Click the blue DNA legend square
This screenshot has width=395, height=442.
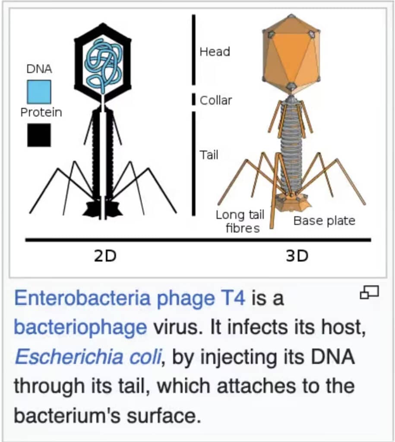pyautogui.click(x=39, y=92)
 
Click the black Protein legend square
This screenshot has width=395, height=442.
pyautogui.click(x=39, y=135)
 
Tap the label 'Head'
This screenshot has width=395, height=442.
pyautogui.click(x=215, y=52)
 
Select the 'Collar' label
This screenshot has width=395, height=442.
pyautogui.click(x=216, y=101)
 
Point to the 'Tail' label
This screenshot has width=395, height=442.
pyautogui.click(x=209, y=155)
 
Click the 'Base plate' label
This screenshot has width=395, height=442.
pyautogui.click(x=324, y=221)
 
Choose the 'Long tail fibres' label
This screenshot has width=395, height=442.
pyautogui.click(x=240, y=221)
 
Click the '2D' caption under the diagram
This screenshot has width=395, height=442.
pyautogui.click(x=105, y=256)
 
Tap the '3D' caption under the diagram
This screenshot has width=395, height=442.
pyautogui.click(x=297, y=256)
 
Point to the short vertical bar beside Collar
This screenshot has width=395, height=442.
pyautogui.click(x=194, y=99)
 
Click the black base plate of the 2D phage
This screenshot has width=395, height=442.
pyautogui.click(x=102, y=209)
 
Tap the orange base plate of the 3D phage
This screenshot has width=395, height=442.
pyautogui.click(x=292, y=202)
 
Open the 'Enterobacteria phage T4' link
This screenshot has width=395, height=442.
pyautogui.click(x=130, y=298)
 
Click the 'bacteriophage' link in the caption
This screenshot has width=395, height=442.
pyautogui.click(x=80, y=327)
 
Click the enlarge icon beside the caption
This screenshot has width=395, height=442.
pyautogui.click(x=370, y=293)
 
